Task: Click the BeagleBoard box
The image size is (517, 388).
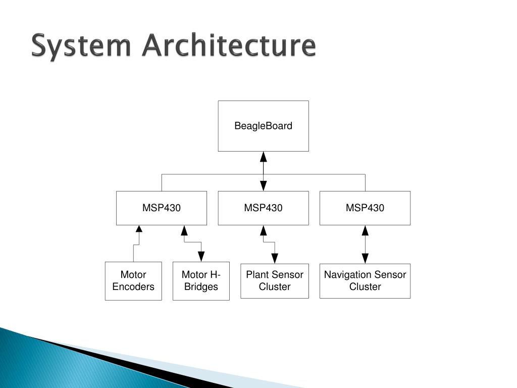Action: coord(263,126)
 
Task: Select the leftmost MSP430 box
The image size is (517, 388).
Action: coord(161,208)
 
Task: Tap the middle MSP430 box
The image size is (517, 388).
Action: coord(263,208)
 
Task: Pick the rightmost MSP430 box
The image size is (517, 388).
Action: coord(365,208)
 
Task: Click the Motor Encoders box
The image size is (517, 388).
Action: coord(133,281)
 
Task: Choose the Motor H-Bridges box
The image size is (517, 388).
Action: coord(201,281)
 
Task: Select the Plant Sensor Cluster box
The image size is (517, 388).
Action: coord(274,281)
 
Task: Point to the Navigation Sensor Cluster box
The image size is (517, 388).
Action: coord(365,281)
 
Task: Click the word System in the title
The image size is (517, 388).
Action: coord(80,46)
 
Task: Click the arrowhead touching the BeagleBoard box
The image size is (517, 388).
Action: coord(263,157)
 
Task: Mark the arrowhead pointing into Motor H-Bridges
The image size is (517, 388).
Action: coord(201,257)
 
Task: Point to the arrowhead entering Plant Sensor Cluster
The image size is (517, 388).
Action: coord(274,258)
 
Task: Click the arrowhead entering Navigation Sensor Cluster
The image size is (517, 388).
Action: coord(365,258)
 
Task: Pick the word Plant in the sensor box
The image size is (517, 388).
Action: coord(256,275)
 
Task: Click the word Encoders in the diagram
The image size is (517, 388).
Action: coord(133,287)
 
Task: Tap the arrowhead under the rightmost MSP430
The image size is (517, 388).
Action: coord(365,230)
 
